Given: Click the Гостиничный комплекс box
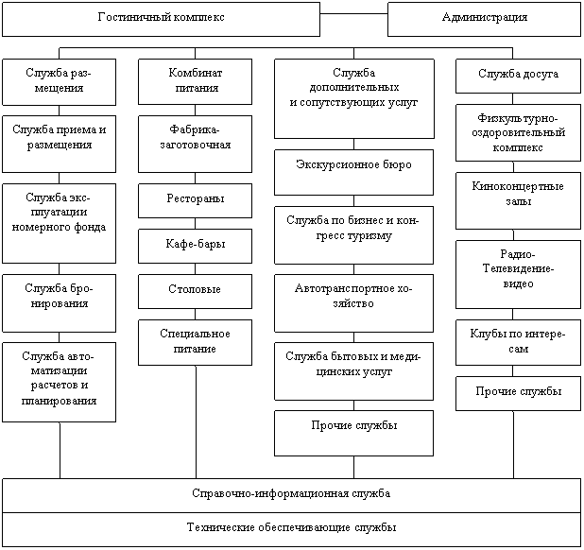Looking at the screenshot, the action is coord(161,19).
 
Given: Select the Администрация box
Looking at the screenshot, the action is coord(484,19).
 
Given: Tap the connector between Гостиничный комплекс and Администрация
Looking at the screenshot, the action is coord(353,14).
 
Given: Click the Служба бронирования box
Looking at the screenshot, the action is coord(59,303).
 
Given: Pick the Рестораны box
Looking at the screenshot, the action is coord(195,200).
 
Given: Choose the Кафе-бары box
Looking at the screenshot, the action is coord(195,246).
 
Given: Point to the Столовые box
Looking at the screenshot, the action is coord(195,292).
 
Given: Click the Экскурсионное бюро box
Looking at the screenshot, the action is coord(353,172).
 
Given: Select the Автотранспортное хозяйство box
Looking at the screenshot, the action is coord(353,303).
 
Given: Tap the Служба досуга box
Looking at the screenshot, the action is coord(518,76).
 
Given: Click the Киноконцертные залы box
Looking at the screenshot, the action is coord(518,200).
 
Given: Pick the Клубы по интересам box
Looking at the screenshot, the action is coord(518,343).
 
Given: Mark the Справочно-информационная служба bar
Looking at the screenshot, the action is coord(291,495).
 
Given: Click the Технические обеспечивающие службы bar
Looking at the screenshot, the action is coord(291,529).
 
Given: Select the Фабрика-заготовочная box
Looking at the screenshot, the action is coord(195,144).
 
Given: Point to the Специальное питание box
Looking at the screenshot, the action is coord(195,343).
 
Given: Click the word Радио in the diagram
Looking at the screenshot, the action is coord(517,254).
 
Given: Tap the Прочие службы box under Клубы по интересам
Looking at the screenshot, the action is coord(518,394).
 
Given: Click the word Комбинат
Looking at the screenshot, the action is coord(196,72).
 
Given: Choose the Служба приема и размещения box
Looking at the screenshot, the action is coord(59,144).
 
